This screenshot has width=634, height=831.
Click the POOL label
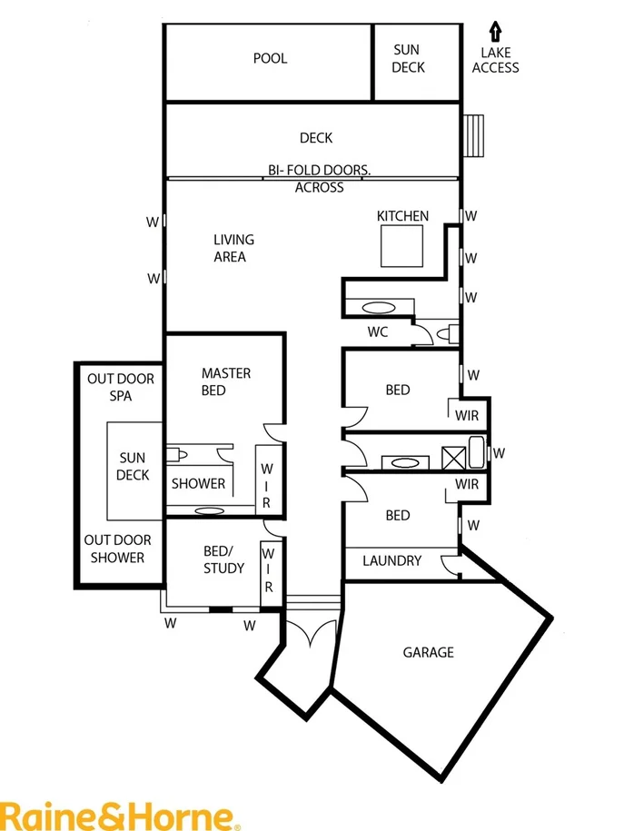click(270, 58)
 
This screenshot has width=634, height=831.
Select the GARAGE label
click(428, 652)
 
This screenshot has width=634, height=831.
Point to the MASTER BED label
click(226, 381)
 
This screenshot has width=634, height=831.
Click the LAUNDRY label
click(391, 560)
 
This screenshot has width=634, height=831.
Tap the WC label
click(378, 331)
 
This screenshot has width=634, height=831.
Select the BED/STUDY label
click(223, 559)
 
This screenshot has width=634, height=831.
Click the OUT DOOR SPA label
click(121, 387)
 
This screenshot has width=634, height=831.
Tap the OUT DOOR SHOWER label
click(119, 549)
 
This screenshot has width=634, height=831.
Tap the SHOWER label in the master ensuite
click(198, 484)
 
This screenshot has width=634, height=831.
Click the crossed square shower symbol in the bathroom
click(452, 456)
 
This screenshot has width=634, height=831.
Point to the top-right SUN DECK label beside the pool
click(408, 58)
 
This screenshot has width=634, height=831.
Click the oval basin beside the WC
click(375, 306)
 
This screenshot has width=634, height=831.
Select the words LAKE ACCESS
click(496, 60)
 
